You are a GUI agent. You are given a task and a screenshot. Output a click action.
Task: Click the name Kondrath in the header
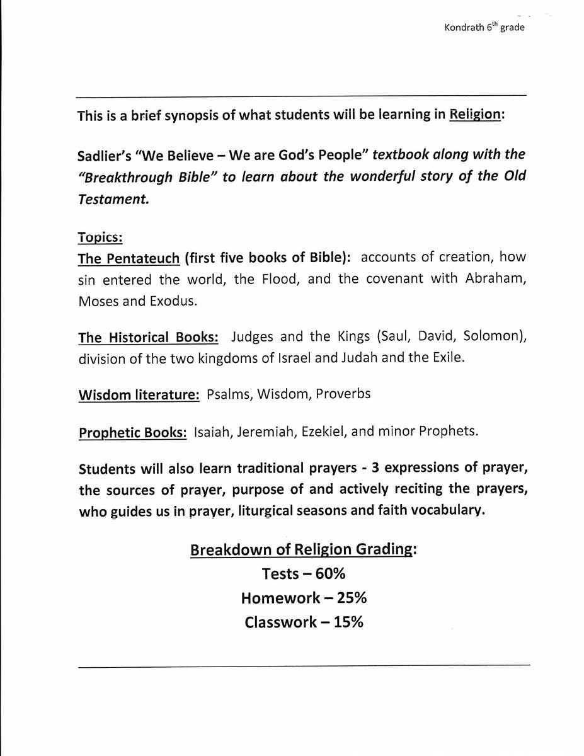click(464, 28)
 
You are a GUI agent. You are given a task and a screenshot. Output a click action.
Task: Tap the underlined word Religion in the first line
click(476, 115)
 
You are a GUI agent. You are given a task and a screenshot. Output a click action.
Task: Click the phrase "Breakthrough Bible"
click(147, 177)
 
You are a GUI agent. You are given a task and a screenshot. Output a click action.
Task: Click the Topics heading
click(100, 238)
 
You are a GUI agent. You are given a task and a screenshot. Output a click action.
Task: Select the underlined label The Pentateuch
click(129, 258)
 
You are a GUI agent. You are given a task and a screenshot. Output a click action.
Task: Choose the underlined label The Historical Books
click(148, 337)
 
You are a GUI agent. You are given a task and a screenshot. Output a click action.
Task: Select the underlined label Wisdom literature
click(139, 395)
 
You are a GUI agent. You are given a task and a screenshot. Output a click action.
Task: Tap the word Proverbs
click(343, 394)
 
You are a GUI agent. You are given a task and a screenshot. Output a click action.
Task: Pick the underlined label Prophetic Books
click(132, 433)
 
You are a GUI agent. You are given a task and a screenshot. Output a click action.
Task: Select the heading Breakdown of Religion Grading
click(302, 550)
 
